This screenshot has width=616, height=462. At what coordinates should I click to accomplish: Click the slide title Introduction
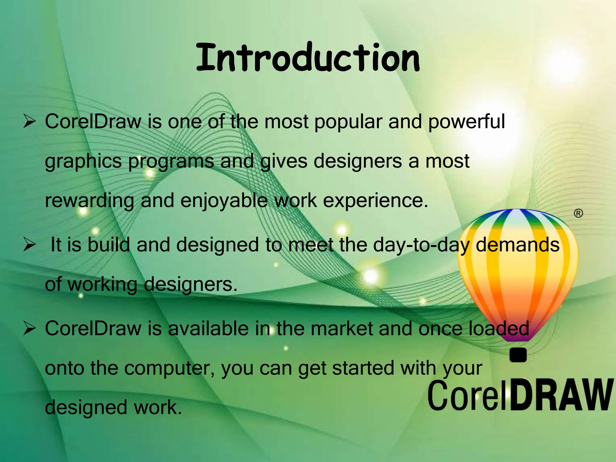coord(308,58)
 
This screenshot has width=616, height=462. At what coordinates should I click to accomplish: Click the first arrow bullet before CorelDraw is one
coord(29,122)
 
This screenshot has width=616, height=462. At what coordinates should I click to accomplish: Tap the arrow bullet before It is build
coord(29,245)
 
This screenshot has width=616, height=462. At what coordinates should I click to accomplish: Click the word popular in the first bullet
coord(348,123)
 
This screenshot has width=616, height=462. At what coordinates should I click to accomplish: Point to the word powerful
coord(466,122)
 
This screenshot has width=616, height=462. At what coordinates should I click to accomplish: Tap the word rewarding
coord(89,201)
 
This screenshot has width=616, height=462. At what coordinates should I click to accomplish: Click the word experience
coord(375,201)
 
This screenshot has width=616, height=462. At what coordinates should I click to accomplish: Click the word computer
coord(169,369)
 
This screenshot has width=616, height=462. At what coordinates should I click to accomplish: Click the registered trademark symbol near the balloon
coord(578,214)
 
